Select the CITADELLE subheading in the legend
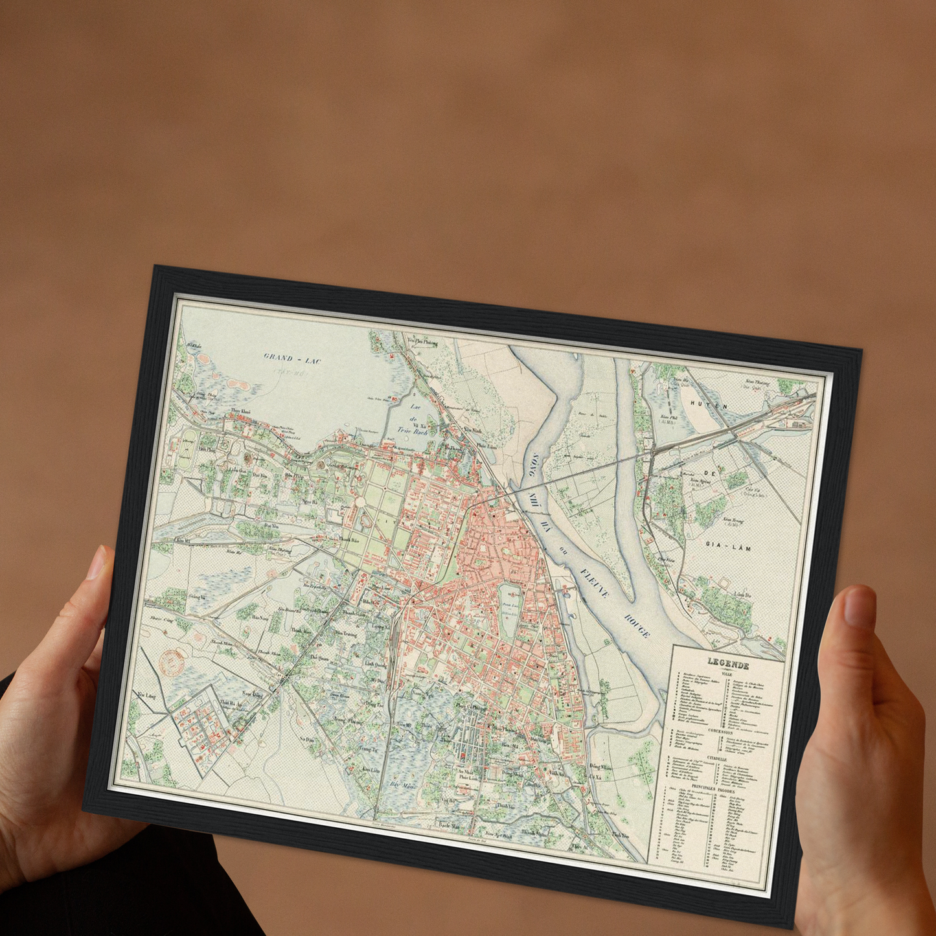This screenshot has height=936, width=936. click(x=716, y=759)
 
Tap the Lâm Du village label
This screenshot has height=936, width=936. click(x=742, y=595)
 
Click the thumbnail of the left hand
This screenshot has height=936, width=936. click(x=98, y=562)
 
